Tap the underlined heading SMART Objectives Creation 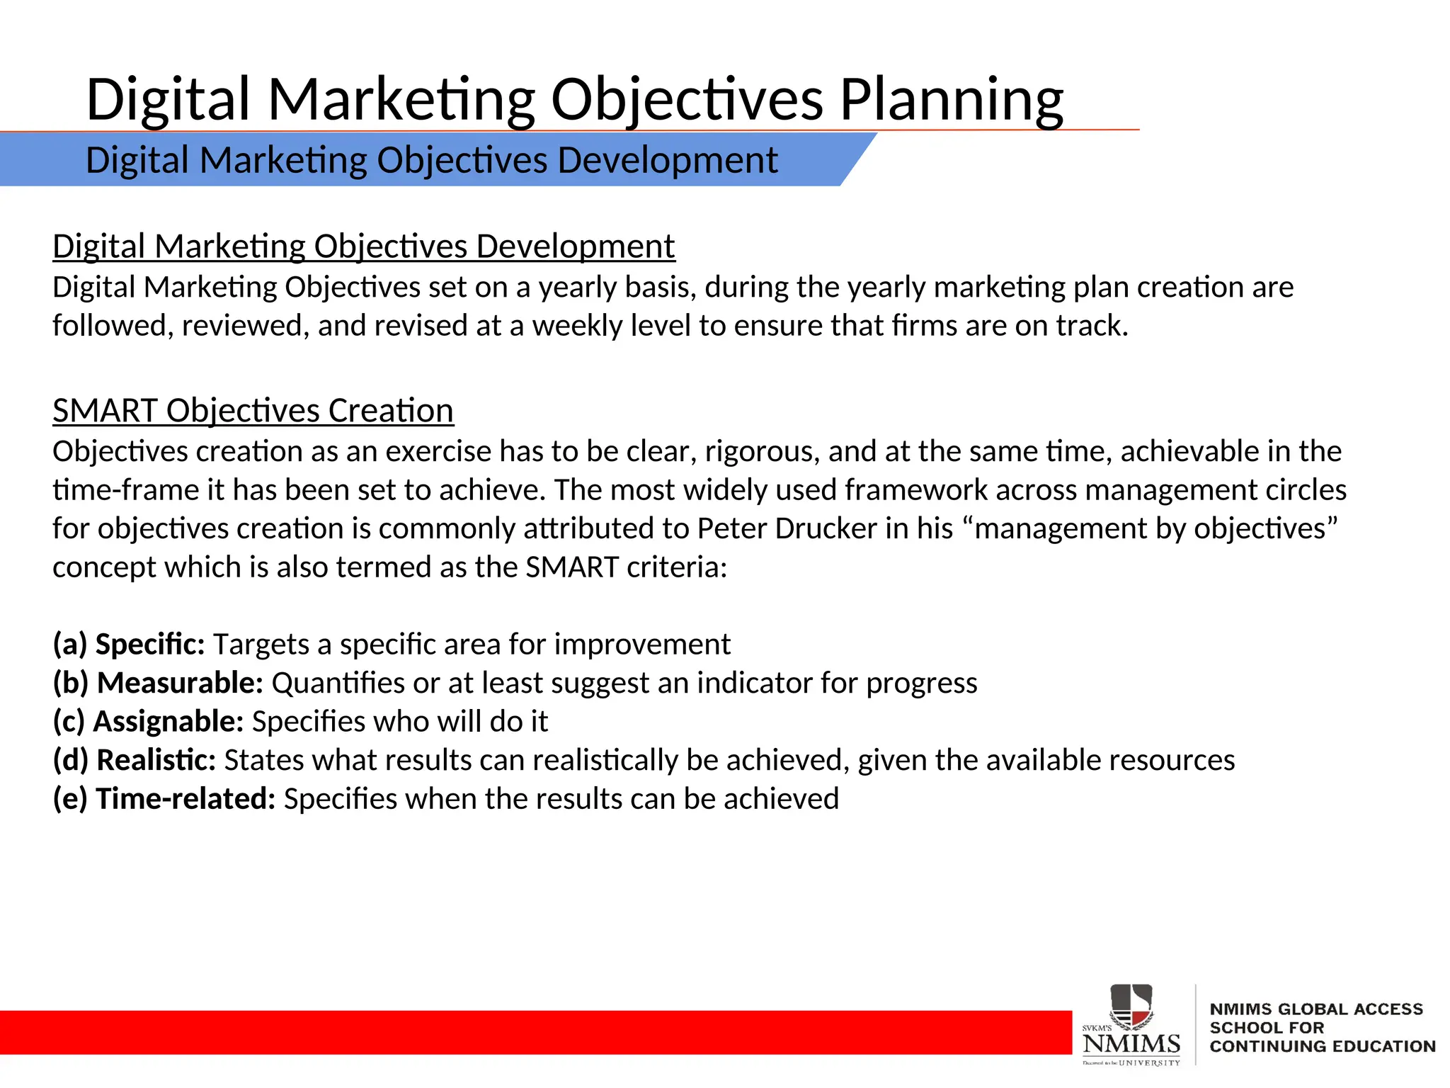253,411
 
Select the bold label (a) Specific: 129,644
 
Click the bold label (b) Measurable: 158,683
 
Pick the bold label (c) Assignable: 148,721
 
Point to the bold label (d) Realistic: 135,760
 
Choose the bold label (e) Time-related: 164,799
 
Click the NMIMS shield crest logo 1131,1007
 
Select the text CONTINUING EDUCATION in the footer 1322,1046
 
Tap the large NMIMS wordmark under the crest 1131,1043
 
